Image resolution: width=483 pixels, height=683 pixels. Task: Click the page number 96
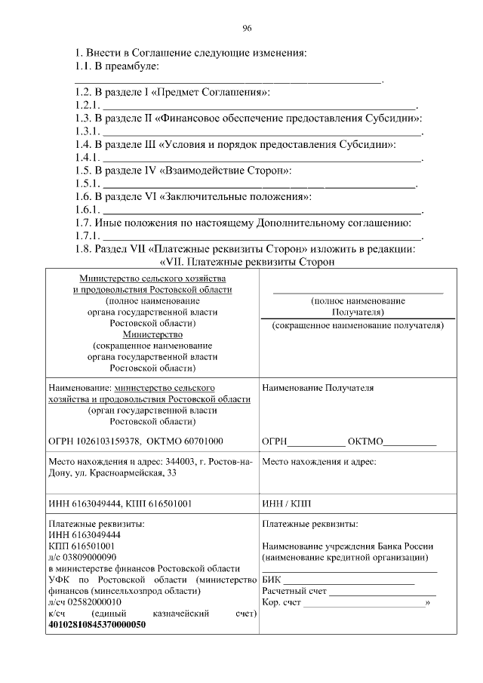tap(246, 29)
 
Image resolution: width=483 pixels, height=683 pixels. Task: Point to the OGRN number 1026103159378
tap(108, 441)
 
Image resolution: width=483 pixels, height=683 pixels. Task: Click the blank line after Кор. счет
tap(365, 602)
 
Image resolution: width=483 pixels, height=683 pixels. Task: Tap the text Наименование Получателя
tap(317, 388)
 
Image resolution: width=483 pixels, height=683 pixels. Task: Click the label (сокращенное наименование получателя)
tap(358, 325)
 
